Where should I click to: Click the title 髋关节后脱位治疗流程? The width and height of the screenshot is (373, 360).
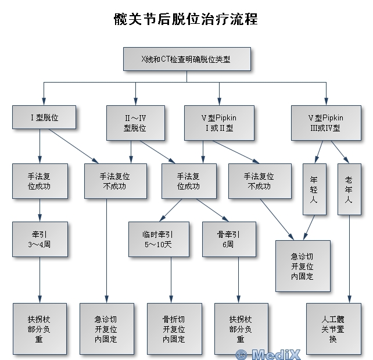tap(186, 19)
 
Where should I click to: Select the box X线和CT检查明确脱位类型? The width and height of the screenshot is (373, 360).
tap(187, 59)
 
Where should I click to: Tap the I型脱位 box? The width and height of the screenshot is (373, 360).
tap(44, 117)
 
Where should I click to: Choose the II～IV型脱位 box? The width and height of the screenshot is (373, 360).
tap(135, 123)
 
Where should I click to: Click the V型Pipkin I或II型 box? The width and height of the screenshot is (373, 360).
tap(220, 123)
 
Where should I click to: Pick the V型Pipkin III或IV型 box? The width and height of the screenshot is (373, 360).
tap(326, 123)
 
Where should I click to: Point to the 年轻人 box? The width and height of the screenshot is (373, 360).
tap(314, 189)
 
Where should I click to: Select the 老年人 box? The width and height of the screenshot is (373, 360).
tap(349, 189)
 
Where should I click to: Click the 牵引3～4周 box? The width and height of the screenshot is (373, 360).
tap(40, 239)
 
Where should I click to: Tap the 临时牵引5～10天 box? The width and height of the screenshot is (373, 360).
tap(159, 239)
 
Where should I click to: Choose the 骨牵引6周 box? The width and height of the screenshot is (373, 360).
tap(229, 239)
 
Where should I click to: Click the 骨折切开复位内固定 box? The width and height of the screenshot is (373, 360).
tap(174, 329)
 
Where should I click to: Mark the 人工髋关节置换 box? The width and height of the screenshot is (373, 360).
tap(333, 329)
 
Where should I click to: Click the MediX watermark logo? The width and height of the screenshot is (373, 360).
tap(268, 355)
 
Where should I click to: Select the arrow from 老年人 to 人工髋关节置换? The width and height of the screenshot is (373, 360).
tap(349, 259)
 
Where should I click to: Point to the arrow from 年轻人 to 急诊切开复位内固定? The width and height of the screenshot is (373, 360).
tap(309, 227)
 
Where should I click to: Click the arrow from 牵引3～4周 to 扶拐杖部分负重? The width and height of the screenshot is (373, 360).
tap(40, 280)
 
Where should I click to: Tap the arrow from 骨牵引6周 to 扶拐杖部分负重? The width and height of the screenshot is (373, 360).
tap(239, 280)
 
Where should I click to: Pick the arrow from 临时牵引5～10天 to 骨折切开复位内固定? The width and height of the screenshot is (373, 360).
tap(171, 280)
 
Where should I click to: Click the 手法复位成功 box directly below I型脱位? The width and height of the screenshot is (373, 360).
tap(40, 181)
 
